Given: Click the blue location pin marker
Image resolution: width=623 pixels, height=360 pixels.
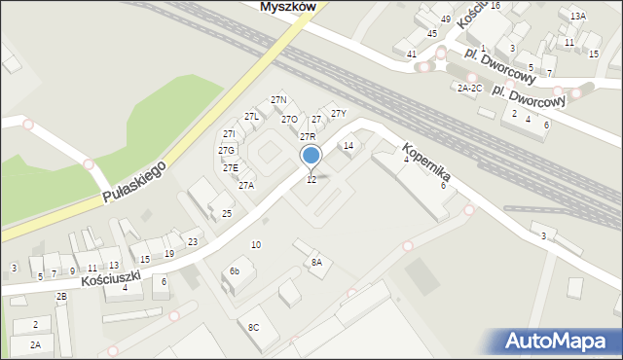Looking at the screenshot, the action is click(311, 156).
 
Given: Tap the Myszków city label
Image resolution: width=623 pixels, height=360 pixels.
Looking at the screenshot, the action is click(290, 6).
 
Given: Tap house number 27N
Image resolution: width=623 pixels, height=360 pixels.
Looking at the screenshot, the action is click(278, 100).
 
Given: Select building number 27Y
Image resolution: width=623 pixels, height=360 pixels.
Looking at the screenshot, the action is click(338, 114).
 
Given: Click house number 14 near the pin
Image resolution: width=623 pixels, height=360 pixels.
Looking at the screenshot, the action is click(348, 145).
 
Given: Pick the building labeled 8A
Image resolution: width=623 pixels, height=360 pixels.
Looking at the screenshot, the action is click(315, 263).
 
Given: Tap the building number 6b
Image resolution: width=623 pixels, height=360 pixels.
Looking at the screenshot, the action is click(235, 270).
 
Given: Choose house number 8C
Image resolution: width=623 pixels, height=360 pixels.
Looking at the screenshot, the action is click(253, 327).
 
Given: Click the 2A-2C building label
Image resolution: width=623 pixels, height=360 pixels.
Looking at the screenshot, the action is click(469, 88).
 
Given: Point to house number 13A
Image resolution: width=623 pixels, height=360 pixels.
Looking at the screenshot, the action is click(578, 17).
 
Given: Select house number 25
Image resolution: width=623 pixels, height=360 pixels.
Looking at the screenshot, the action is click(227, 213).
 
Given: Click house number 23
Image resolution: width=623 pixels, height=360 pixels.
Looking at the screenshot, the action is click(193, 241).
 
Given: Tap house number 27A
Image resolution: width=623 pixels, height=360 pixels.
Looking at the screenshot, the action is click(245, 185).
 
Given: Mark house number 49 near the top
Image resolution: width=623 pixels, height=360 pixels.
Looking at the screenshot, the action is click(445, 19).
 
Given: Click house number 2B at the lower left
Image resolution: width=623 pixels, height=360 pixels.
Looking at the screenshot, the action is click(61, 296).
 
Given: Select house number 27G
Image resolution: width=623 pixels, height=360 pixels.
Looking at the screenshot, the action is click(226, 151).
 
